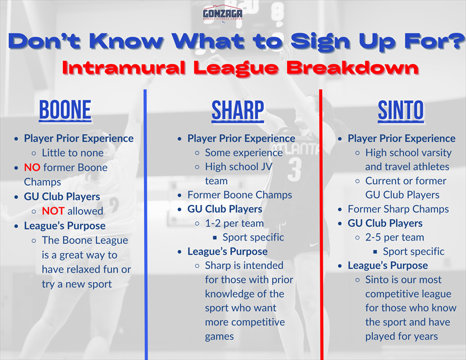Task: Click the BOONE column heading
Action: (65, 110)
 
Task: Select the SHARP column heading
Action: (237, 110)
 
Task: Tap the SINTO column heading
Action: (400, 110)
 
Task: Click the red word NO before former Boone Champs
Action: (31, 167)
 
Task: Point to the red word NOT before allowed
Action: (53, 211)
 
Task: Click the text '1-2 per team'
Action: (234, 223)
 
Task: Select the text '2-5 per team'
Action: (394, 237)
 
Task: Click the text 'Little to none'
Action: (72, 153)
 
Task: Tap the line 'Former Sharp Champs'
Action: (398, 209)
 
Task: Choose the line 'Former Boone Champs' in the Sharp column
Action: (239, 195)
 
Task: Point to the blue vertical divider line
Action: (146, 221)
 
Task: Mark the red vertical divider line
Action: (321, 221)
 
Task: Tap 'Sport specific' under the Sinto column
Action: (413, 251)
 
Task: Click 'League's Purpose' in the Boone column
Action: (65, 225)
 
